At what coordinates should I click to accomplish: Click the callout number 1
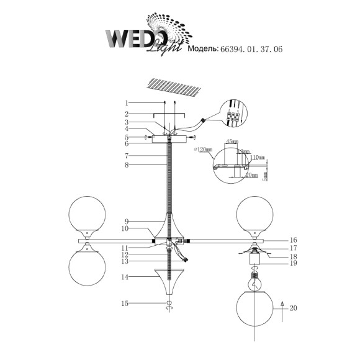(x=126, y=103)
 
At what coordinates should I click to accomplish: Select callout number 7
(x=126, y=155)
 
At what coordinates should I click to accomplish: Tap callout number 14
(x=126, y=277)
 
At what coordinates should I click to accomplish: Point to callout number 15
(x=126, y=303)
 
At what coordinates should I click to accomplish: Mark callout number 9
(x=126, y=222)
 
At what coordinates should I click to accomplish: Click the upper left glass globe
(x=88, y=214)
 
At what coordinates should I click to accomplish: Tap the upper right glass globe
(x=255, y=214)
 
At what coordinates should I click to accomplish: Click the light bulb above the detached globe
(x=254, y=281)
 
